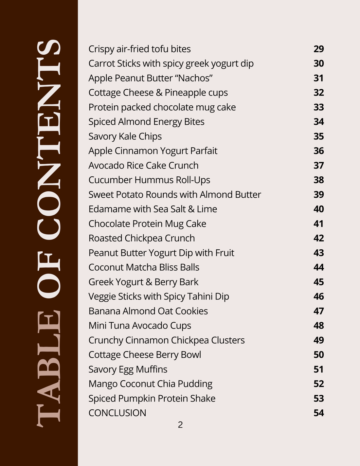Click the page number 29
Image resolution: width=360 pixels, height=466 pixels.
tap(318, 49)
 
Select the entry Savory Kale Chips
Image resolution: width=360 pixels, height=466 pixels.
tap(125, 136)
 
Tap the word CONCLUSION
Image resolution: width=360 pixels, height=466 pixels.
tap(117, 413)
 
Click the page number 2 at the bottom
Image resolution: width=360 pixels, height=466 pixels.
tap(180, 425)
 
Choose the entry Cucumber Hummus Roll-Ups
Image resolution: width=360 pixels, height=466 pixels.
tap(149, 180)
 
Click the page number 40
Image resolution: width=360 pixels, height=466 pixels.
tap(318, 209)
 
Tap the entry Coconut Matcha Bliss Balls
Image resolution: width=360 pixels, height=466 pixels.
tap(144, 267)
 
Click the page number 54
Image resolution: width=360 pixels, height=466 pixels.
tap(318, 413)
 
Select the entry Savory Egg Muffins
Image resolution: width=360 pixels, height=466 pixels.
tap(128, 369)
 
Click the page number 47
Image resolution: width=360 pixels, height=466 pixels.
tap(318, 311)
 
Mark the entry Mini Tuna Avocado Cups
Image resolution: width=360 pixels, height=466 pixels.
tap(140, 326)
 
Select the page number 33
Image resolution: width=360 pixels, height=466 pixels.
tap(318, 107)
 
